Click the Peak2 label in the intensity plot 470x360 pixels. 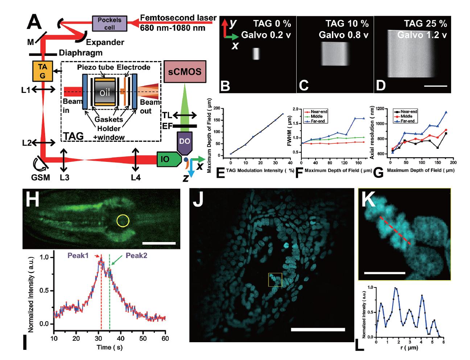[x=137, y=255]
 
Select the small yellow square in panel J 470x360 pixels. [x=275, y=280]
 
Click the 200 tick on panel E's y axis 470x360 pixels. [x=225, y=108]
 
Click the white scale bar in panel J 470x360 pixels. [x=318, y=329]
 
